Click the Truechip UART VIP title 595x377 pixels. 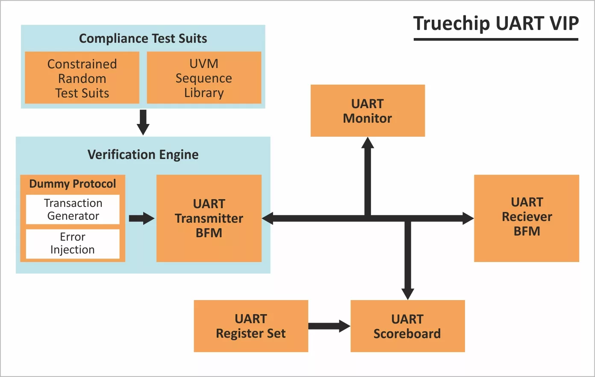[496, 23]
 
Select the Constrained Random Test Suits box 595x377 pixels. [82, 78]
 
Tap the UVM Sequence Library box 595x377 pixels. [204, 78]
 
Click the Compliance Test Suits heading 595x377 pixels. [143, 38]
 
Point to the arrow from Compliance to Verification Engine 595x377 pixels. [143, 122]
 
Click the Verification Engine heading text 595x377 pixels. [143, 154]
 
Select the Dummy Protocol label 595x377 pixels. [73, 184]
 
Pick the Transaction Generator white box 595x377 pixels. [73, 209]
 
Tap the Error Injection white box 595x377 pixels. [73, 244]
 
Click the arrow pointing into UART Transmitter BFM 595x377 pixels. [141, 218]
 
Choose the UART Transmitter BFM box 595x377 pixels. [209, 218]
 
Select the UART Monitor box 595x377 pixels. [368, 111]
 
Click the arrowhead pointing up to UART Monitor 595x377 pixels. [368, 143]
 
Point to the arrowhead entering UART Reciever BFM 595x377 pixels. [468, 218]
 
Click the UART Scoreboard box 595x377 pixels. [407, 326]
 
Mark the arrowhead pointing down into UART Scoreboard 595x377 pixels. [408, 294]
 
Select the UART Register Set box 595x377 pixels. [251, 326]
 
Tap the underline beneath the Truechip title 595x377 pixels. [496, 39]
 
